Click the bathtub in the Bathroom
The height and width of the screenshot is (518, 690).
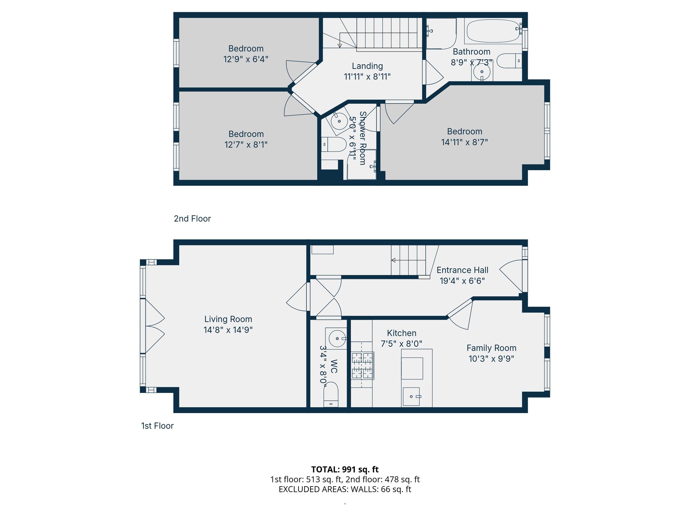[x=493, y=31]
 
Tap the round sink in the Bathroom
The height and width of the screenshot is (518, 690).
[x=482, y=72]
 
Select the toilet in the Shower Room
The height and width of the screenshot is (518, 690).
[x=334, y=144]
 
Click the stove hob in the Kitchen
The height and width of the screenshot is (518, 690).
[x=362, y=365]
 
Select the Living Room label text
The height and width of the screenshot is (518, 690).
[x=228, y=319]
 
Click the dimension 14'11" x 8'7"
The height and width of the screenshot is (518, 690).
[x=464, y=142]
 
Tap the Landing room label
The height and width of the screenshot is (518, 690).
[x=367, y=66]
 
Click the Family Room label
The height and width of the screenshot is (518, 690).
[x=491, y=348]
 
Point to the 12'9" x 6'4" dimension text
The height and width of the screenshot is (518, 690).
[x=246, y=59]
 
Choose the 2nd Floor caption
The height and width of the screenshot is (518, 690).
[x=192, y=219]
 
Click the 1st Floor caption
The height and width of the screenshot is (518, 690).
[x=157, y=426]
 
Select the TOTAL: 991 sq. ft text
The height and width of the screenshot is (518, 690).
[x=345, y=469]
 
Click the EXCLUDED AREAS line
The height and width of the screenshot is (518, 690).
[x=345, y=489]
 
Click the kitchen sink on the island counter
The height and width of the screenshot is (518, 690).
[x=411, y=396]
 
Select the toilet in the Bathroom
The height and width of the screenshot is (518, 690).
[x=509, y=61]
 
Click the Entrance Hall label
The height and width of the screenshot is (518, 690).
[x=462, y=270]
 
